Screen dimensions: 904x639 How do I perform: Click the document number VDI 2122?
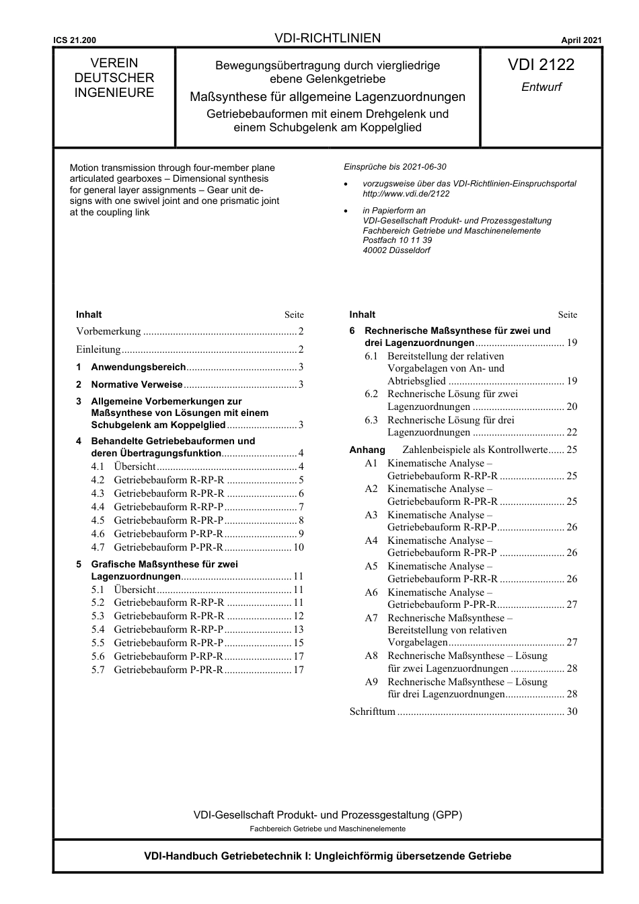point(541,65)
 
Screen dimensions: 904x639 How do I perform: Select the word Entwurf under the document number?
point(541,87)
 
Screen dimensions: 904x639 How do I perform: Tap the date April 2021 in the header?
point(581,40)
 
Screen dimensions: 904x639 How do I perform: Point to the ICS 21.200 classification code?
point(75,40)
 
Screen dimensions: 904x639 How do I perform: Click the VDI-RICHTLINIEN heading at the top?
point(328,38)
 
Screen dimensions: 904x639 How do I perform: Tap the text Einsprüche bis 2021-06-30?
point(395,167)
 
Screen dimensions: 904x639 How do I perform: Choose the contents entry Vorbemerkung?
point(109,331)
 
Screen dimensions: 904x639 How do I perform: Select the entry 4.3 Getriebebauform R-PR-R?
point(169,493)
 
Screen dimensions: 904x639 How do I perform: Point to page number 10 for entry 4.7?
point(298,547)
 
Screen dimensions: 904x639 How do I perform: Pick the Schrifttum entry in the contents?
point(372,711)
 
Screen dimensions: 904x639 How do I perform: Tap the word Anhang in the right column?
point(367,450)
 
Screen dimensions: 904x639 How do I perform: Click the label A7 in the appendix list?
point(371,618)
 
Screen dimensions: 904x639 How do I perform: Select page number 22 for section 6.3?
point(572,432)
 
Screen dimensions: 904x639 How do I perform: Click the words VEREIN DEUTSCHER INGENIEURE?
point(114,78)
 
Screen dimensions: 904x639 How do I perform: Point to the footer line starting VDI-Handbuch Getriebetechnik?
point(328,856)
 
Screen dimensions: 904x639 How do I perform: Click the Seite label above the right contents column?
point(567,314)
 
